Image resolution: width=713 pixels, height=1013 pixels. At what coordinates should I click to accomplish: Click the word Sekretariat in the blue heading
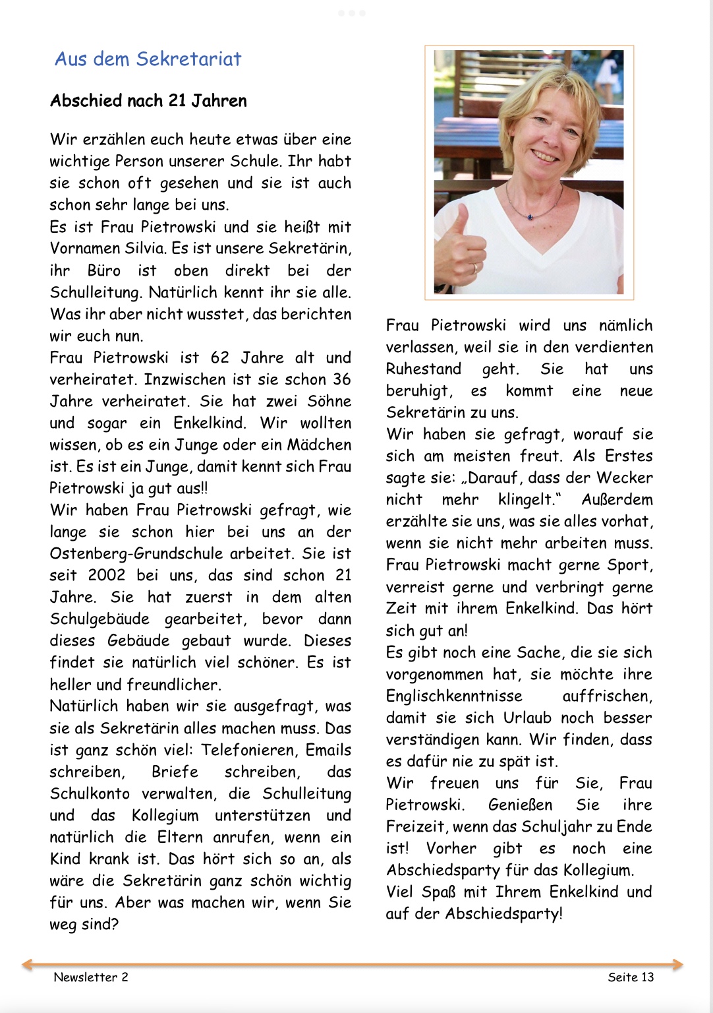pos(188,59)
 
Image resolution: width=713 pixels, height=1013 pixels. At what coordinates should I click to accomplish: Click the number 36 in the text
pos(341,380)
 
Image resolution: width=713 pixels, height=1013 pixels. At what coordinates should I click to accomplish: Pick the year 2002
pos(106,576)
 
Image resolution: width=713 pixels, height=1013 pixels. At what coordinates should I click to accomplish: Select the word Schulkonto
pos(89,794)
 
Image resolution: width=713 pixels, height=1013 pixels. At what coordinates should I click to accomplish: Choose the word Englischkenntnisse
pos(454,696)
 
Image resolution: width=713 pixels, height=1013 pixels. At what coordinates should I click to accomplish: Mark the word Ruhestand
pos(424,369)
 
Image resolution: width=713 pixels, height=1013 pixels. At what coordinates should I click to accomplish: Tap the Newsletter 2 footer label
pos(91,977)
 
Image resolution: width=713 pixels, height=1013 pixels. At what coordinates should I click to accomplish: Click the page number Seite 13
pos(631,977)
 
